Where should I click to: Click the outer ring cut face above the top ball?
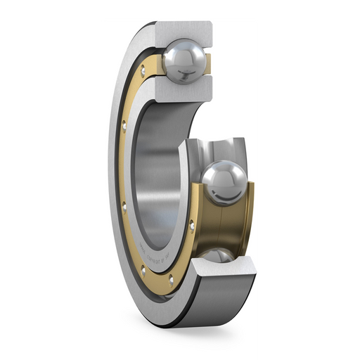pos(184,30)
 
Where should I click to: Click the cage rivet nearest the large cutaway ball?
pos(191,223)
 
